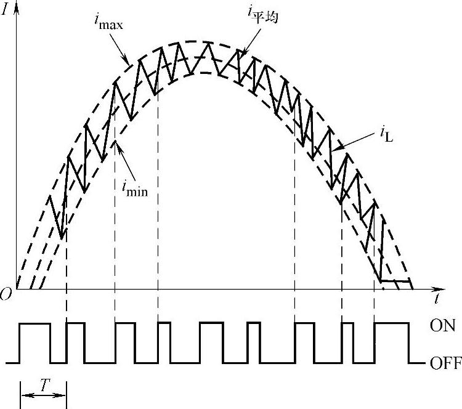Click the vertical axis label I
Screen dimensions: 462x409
click(x=7, y=11)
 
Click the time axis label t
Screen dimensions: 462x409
click(x=436, y=301)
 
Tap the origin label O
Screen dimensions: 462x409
click(x=7, y=295)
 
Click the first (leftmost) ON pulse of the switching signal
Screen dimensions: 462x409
click(x=35, y=324)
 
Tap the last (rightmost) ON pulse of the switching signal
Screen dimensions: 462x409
click(x=391, y=323)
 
